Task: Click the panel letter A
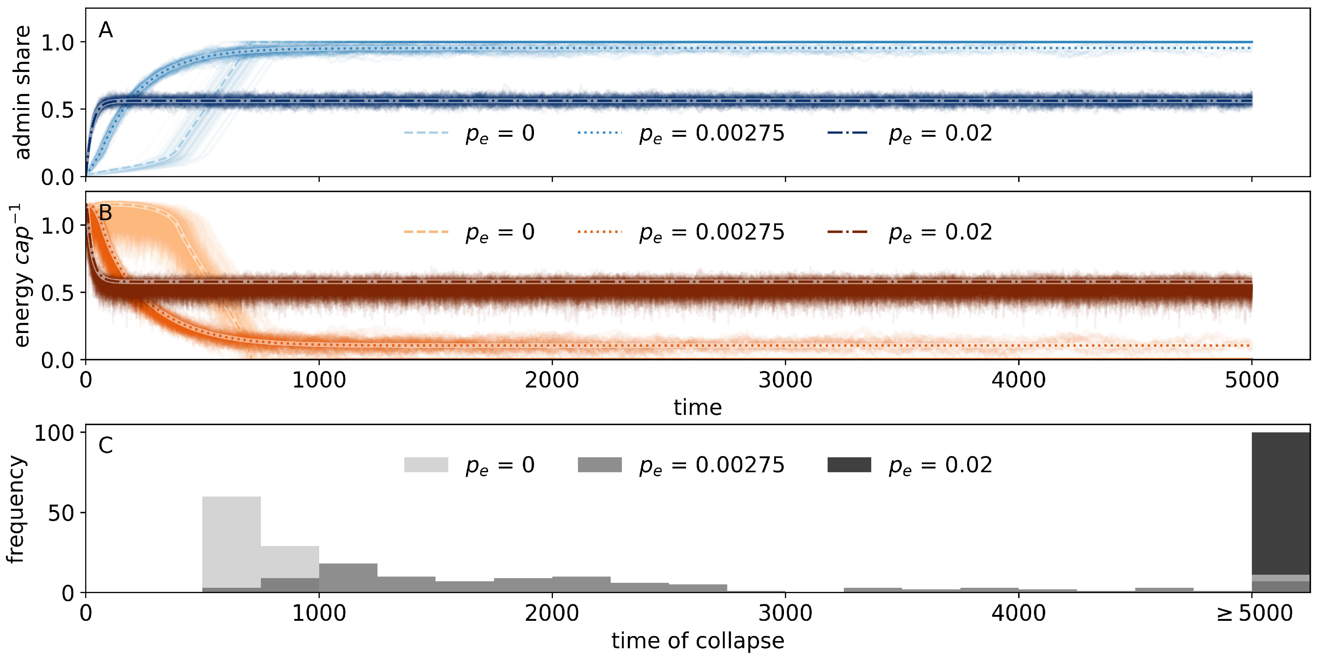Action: tap(106, 31)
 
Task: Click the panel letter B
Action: tap(105, 213)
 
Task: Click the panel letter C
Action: tap(105, 446)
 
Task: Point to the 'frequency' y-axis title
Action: tap(17, 509)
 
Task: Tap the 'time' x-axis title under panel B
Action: tap(697, 408)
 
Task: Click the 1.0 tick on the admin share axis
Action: tap(57, 43)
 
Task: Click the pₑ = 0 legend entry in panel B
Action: tap(469, 232)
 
